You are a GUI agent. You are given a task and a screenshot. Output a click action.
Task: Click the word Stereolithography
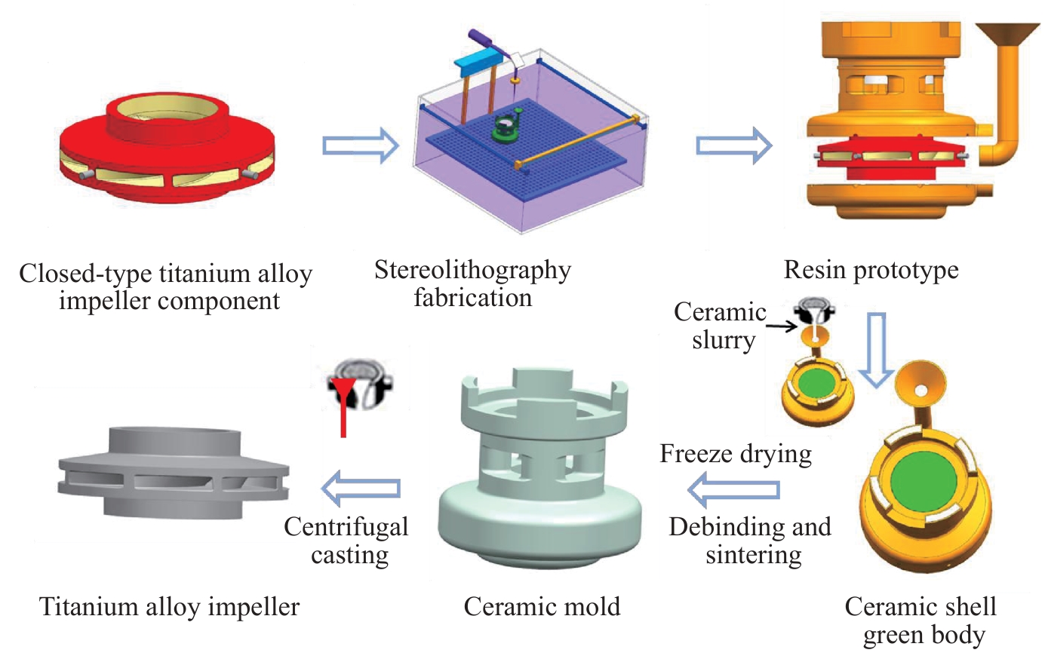(x=472, y=271)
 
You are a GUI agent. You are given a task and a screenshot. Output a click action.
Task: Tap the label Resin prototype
(x=871, y=270)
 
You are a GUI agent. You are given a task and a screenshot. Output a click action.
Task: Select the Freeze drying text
(x=736, y=454)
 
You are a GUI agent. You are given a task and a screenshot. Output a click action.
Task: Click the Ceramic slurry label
(x=721, y=326)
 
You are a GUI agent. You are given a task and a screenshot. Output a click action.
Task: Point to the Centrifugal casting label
(x=346, y=541)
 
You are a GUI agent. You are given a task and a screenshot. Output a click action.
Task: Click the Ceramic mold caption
(x=542, y=607)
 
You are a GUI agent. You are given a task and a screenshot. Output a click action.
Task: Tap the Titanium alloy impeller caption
(x=169, y=607)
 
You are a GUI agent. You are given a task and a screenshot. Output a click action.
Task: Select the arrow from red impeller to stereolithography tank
(x=361, y=146)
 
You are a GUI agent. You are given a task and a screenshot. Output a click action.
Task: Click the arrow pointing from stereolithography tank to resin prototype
(x=734, y=146)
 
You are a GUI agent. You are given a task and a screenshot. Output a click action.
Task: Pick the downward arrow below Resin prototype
(x=876, y=351)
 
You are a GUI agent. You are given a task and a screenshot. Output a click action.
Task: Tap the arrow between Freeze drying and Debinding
(x=733, y=489)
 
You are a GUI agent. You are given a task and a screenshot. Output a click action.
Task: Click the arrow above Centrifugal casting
(x=361, y=489)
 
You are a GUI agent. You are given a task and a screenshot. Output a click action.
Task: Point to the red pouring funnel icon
(x=343, y=406)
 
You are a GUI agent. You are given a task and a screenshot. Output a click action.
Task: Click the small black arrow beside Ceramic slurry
(x=782, y=326)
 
